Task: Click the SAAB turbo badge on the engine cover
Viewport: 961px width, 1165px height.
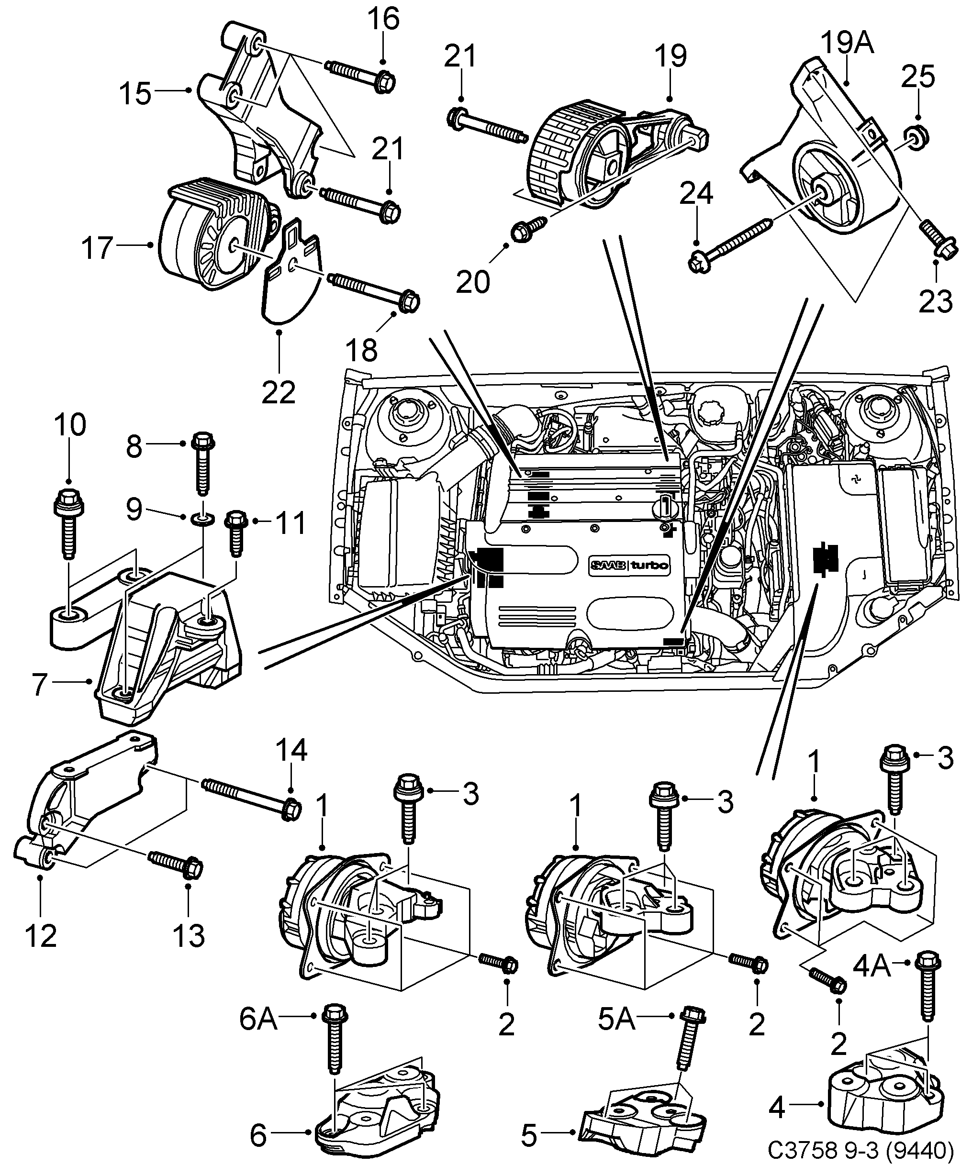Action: pyautogui.click(x=628, y=565)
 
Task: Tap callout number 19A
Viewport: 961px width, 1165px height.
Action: pyautogui.click(x=847, y=43)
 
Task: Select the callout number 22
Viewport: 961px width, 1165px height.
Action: pyautogui.click(x=279, y=392)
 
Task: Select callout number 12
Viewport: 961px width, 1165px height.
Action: pyautogui.click(x=40, y=936)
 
